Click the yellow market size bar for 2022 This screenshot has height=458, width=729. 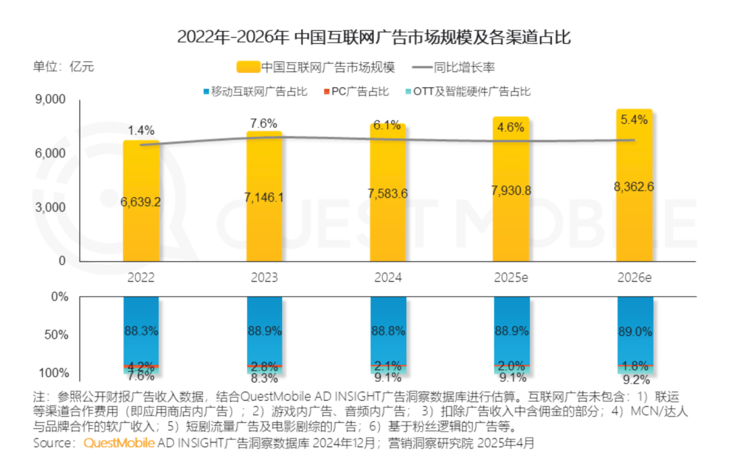tap(141, 202)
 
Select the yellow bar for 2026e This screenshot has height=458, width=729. tap(634, 189)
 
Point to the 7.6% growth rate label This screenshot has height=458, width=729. tap(264, 123)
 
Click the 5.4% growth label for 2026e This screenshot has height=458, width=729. tap(634, 120)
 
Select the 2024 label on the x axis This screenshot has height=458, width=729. tap(388, 278)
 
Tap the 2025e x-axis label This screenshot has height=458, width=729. tap(512, 278)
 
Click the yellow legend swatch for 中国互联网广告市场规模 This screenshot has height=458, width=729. tap(247, 67)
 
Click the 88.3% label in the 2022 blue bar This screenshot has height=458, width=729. tap(141, 331)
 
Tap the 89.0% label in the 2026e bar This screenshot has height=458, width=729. tap(634, 331)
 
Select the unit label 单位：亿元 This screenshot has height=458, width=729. tap(64, 67)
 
